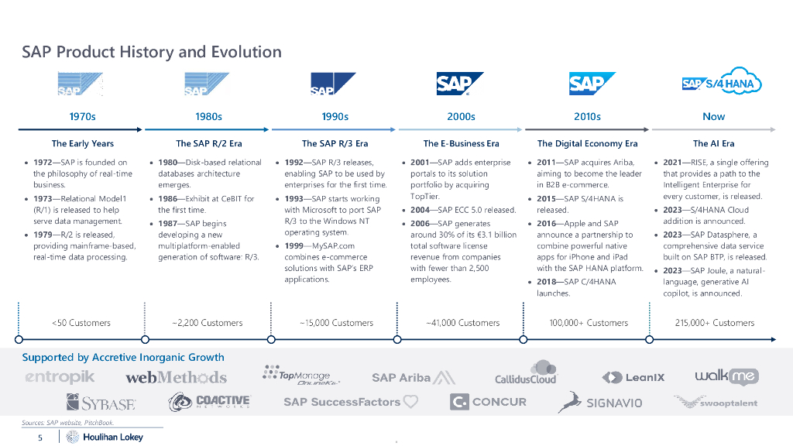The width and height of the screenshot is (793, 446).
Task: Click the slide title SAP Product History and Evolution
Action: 152,53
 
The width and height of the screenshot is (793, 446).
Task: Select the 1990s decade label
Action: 335,117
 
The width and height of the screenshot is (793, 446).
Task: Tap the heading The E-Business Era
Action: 461,143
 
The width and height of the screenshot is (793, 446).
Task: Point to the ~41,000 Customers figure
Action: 462,323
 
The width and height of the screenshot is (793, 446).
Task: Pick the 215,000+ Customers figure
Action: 714,323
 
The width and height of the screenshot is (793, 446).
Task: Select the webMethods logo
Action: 177,377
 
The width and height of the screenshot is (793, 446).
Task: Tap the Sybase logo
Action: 101,403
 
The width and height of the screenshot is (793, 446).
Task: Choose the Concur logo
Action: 488,402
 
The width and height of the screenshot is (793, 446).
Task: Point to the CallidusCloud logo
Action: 527,374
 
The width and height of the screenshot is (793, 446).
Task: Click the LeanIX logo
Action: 633,377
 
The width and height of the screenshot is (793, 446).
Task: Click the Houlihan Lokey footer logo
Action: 105,437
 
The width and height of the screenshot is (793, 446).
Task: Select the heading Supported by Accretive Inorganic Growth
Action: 122,357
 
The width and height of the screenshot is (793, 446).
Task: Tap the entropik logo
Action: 60,377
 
